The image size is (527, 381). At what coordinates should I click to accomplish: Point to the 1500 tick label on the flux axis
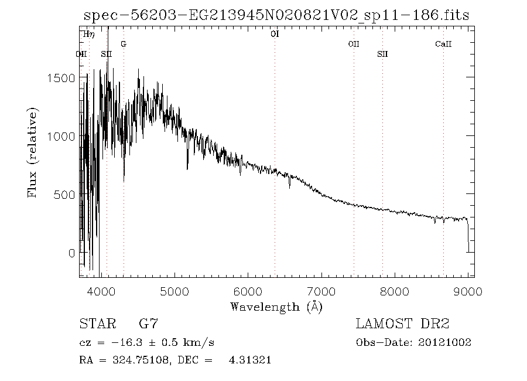click(x=63, y=78)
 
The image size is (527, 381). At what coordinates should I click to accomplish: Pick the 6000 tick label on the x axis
click(x=247, y=291)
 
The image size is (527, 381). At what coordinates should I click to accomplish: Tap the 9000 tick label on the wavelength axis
click(x=468, y=291)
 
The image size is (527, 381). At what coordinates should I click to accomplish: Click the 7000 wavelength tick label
click(x=321, y=291)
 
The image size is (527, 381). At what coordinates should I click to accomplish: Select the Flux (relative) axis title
click(x=33, y=152)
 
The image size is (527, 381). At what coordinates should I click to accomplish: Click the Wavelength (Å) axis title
click(x=276, y=306)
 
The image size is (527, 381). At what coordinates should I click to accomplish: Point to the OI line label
click(x=275, y=34)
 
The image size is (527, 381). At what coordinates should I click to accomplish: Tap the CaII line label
click(x=443, y=44)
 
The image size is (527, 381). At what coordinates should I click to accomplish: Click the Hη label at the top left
click(x=88, y=34)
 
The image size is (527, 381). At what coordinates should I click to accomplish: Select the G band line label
click(x=123, y=44)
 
